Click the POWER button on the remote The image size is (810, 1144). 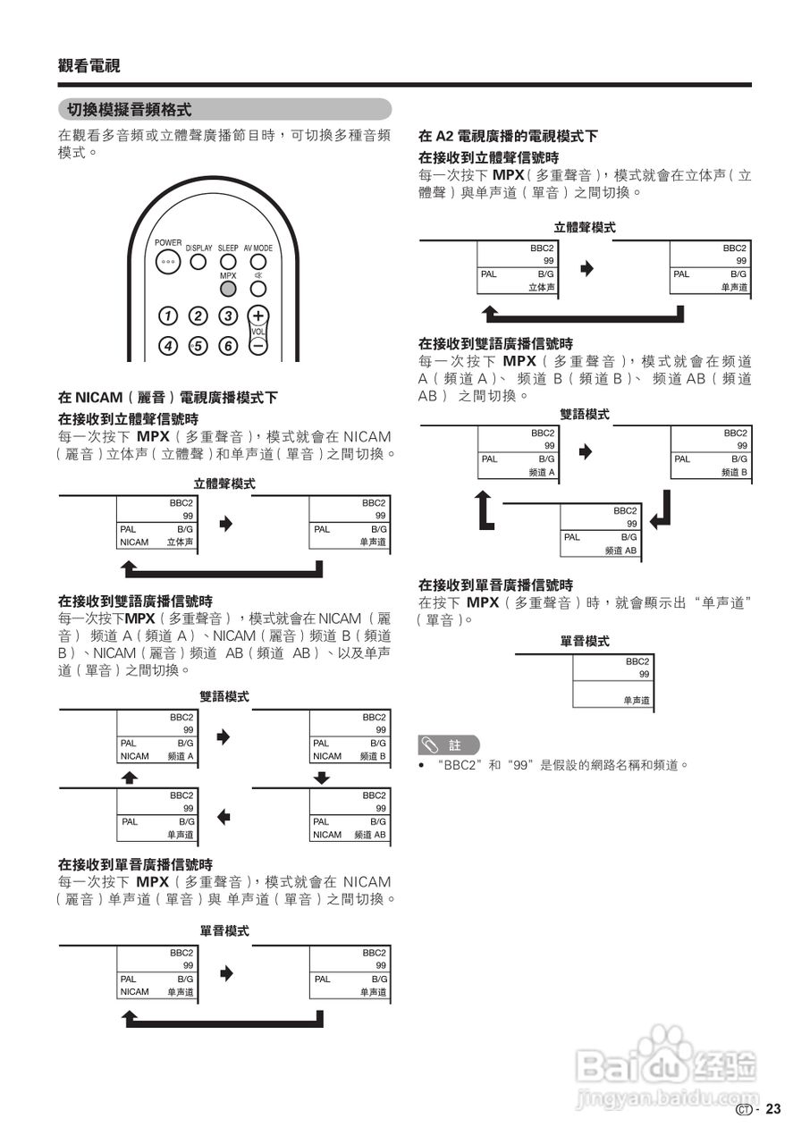[167, 262]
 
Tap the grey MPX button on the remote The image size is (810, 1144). [228, 289]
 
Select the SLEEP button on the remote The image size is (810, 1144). [228, 262]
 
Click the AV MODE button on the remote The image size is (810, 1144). [257, 262]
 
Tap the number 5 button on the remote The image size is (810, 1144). [198, 346]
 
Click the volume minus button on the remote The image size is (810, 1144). [257, 345]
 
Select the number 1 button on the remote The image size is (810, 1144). [167, 315]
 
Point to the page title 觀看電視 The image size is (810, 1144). [89, 65]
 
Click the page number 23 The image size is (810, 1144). [773, 1109]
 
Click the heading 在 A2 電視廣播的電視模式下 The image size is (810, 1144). [508, 137]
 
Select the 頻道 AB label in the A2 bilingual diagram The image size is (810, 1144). [620, 551]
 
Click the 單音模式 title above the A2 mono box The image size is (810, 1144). [586, 641]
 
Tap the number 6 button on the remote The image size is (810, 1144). [228, 346]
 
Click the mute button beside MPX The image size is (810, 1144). [257, 289]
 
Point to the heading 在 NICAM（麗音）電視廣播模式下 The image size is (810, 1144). [168, 397]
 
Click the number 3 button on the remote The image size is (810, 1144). [228, 315]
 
